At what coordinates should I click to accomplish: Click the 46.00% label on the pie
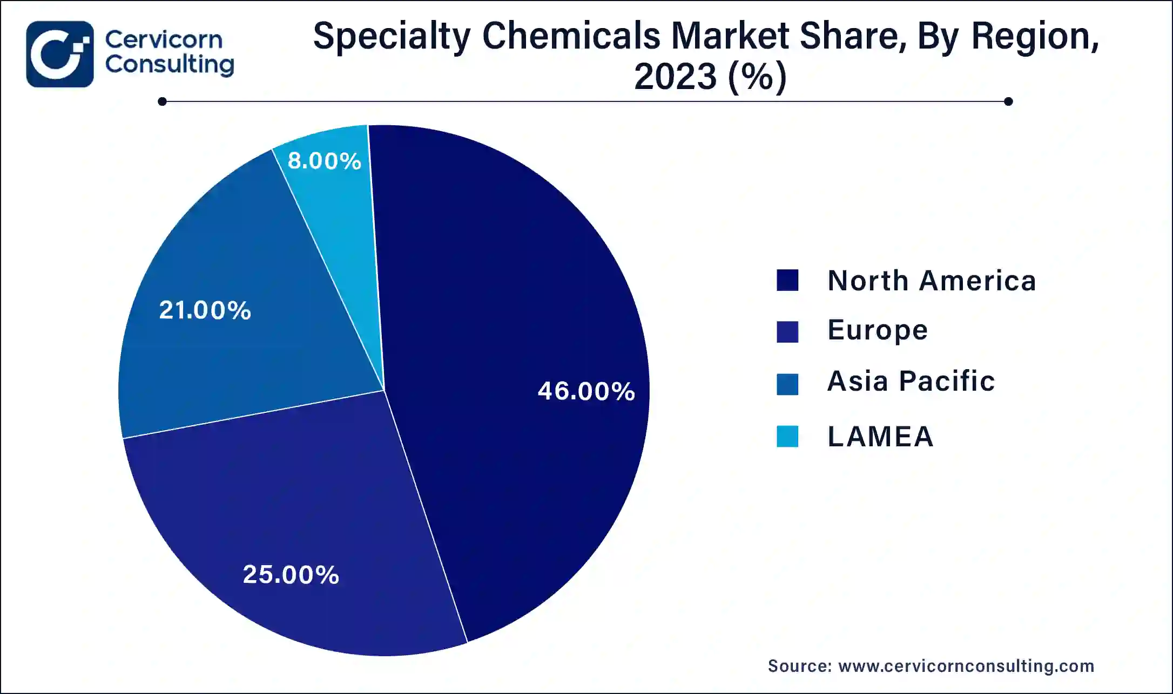tap(586, 391)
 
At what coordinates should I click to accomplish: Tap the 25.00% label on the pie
tap(291, 575)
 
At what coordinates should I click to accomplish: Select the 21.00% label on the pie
tap(205, 310)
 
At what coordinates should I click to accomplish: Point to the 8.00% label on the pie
tap(324, 161)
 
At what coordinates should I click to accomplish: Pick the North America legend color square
tap(787, 281)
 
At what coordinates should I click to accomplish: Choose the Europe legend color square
tap(787, 331)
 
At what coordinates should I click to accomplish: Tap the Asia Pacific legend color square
tap(787, 384)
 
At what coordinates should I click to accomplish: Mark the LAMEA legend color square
tap(787, 436)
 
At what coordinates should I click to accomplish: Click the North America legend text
tap(932, 281)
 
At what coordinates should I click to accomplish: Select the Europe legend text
tap(878, 330)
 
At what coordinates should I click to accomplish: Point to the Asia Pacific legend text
tap(911, 381)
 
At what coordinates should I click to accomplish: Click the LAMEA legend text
tap(880, 436)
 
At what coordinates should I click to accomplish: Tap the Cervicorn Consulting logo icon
tap(60, 54)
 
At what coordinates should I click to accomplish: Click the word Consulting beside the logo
tap(170, 65)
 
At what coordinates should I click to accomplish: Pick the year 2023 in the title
tap(675, 77)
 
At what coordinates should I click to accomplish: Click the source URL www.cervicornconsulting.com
tap(966, 666)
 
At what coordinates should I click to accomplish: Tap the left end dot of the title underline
tap(162, 101)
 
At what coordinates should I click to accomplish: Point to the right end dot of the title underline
tap(1008, 101)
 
